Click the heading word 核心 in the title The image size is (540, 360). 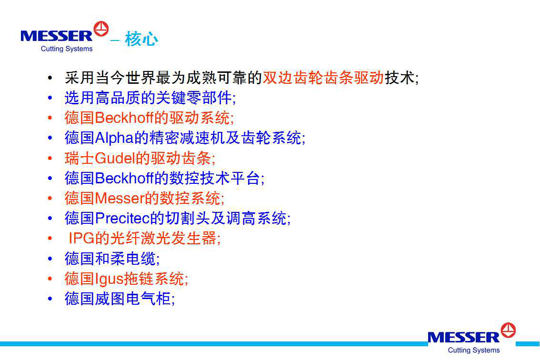point(141,39)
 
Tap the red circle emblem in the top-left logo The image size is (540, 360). point(101,29)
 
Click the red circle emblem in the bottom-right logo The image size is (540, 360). point(508,330)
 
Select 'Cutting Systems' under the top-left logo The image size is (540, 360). point(67,49)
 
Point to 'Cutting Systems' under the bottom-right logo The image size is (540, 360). point(473,350)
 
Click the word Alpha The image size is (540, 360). point(114,138)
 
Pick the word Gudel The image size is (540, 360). point(115,158)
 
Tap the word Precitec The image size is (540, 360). point(122,218)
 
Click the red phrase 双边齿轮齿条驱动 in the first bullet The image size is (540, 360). point(323,78)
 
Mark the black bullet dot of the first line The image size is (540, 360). point(50,78)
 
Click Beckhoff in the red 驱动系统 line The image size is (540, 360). point(124,118)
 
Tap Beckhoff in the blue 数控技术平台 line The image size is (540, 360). point(124,178)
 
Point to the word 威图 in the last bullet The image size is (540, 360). point(110,299)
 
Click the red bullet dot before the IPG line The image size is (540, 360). point(50,239)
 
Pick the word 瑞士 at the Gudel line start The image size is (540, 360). point(79,158)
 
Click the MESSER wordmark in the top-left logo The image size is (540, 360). point(57,36)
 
